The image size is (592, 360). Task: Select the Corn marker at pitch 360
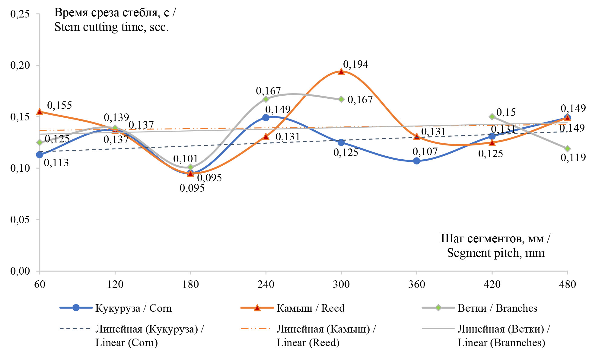[x=416, y=161]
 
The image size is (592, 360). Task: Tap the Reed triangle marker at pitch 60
[x=40, y=112]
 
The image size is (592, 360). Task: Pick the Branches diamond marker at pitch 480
[x=567, y=148]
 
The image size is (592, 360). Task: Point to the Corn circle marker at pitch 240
[x=266, y=118]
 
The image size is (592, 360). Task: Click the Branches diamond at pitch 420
[x=492, y=117]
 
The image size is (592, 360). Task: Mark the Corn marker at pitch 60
[x=40, y=155]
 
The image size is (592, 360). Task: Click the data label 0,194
[x=355, y=64]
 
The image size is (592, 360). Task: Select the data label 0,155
[x=59, y=105]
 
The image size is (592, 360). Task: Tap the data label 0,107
[x=425, y=151]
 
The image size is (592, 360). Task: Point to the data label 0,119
[x=573, y=158]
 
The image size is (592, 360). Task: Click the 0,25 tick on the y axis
[x=20, y=14]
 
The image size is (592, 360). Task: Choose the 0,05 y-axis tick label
[x=20, y=220]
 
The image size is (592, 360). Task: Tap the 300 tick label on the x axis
[x=341, y=284]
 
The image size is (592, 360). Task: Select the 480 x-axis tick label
[x=567, y=284]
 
